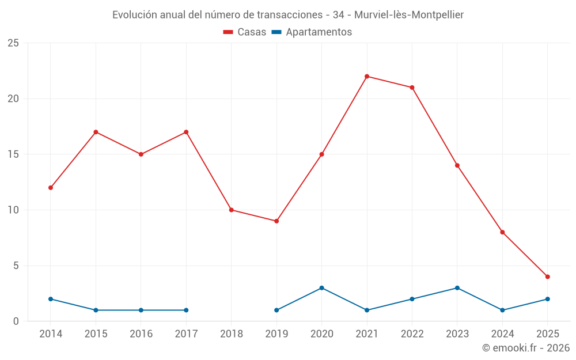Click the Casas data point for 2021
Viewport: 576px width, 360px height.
click(367, 76)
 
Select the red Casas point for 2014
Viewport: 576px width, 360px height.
click(51, 188)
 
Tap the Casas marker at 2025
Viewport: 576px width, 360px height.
click(548, 276)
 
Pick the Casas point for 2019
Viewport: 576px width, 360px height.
click(276, 221)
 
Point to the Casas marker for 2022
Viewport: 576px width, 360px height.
click(412, 88)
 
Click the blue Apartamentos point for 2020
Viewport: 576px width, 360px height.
click(321, 288)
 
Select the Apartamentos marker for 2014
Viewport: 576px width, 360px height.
click(51, 299)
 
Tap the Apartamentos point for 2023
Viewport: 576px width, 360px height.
click(457, 288)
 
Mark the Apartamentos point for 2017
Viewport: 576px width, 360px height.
click(186, 310)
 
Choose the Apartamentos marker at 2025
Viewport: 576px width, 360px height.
click(548, 299)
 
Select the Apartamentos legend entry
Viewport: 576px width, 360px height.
click(312, 32)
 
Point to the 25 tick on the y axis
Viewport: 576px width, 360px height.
click(13, 43)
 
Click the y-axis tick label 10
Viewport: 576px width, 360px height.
click(13, 210)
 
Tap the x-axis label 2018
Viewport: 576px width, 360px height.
click(231, 334)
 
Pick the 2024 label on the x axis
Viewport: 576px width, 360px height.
click(502, 334)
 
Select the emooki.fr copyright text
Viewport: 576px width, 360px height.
click(526, 348)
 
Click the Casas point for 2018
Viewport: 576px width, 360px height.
click(231, 210)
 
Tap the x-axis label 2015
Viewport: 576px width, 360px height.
click(96, 334)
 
